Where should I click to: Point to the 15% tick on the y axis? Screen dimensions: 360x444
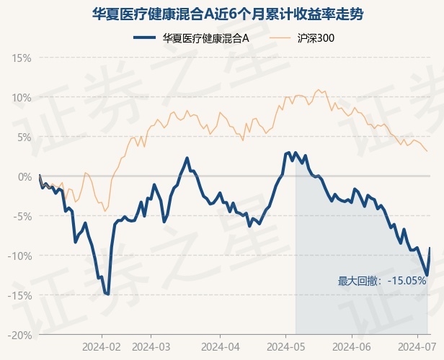coord(22,58)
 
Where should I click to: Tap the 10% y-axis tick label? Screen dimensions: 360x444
coord(22,97)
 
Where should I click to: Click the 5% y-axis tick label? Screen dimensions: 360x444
coord(24,137)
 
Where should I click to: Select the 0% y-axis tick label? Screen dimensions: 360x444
coord(24,176)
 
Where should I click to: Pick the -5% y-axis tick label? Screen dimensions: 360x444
coord(22,216)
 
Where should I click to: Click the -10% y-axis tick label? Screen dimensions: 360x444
coord(20,256)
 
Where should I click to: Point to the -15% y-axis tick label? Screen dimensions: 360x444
coord(20,295)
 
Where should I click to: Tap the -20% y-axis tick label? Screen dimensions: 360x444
coord(20,335)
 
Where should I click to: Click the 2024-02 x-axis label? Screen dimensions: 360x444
coord(102,346)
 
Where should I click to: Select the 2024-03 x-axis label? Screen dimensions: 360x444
coord(151,346)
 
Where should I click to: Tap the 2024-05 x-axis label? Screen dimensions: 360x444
coord(285,346)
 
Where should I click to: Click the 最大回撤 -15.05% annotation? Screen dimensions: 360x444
coord(382,281)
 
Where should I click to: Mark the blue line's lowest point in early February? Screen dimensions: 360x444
coord(107,294)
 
